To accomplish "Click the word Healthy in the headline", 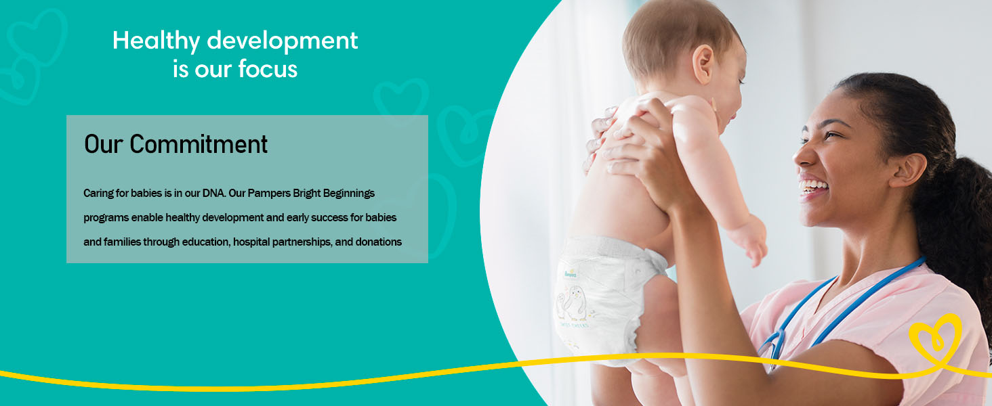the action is (156, 41).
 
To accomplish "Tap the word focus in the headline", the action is (268, 69).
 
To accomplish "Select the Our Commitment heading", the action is (175, 144).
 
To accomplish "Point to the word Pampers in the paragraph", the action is (269, 194).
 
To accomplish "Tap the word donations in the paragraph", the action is (379, 242).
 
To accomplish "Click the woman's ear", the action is (909, 170).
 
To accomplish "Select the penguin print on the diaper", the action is (572, 303).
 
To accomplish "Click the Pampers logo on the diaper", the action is (571, 274).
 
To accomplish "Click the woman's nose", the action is (805, 155).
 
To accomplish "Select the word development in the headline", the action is (282, 41).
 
